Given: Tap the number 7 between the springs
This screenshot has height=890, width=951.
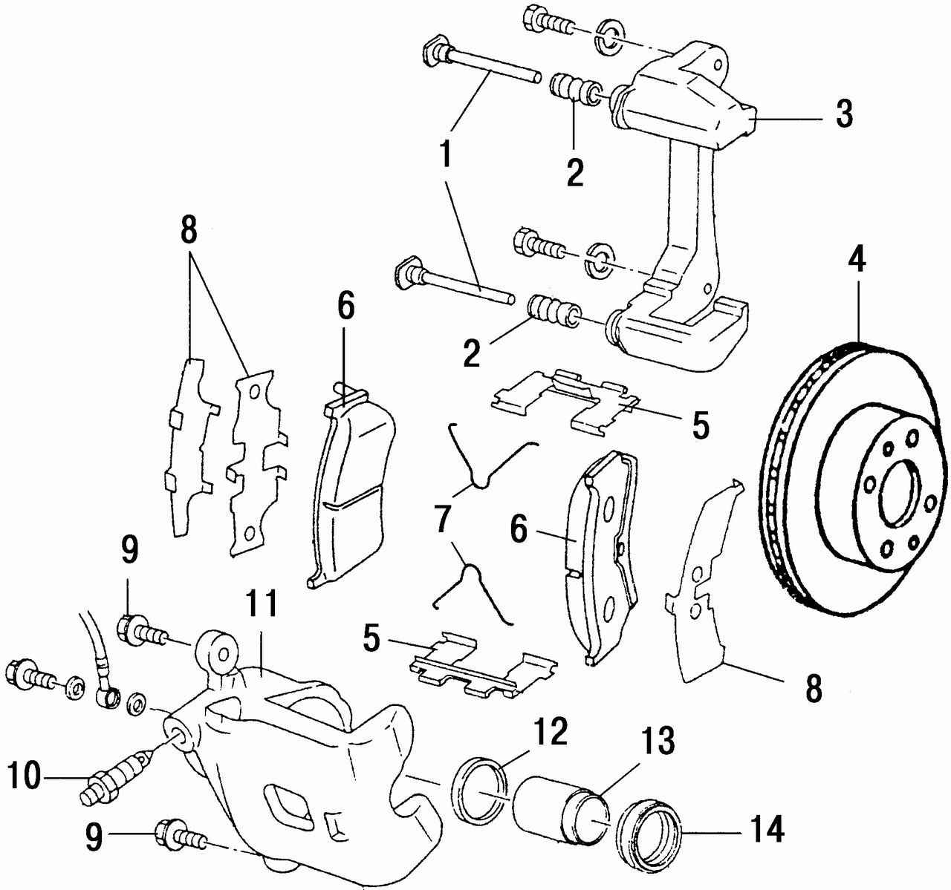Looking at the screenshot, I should tap(444, 521).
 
